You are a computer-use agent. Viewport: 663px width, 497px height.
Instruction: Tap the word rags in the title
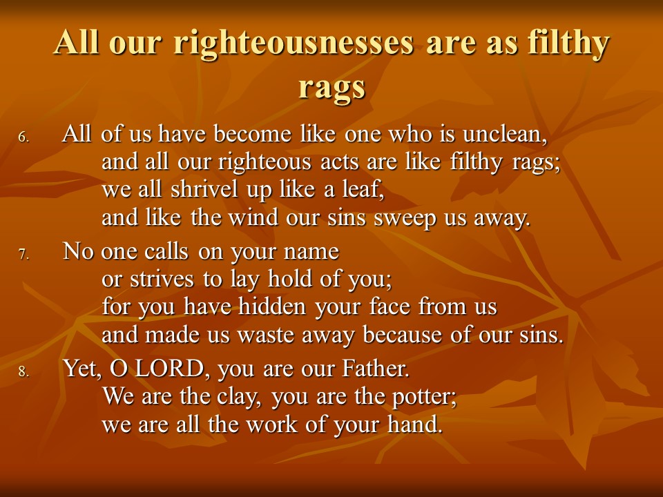331,88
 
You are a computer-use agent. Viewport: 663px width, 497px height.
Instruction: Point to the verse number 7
23,254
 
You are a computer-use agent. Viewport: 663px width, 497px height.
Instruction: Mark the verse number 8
23,371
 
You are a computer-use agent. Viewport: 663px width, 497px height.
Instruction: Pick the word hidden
272,306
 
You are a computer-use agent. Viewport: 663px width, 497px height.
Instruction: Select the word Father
376,369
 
